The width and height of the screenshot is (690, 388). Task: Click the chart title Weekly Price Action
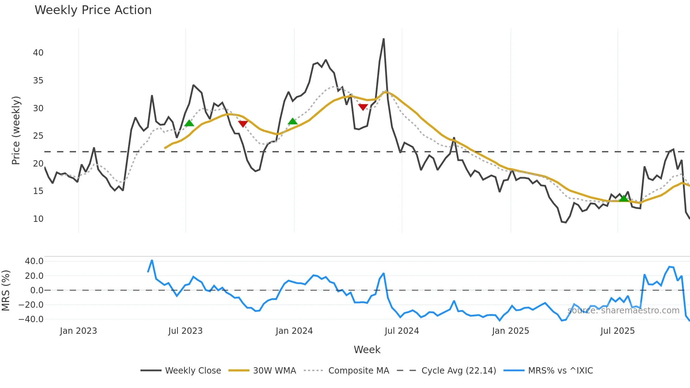coord(93,10)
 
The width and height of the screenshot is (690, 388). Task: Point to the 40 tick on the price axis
coord(38,53)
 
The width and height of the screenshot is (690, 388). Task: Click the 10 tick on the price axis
coord(38,219)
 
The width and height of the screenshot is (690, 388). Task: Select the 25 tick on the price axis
coord(38,136)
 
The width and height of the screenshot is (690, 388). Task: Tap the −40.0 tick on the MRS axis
coord(34,319)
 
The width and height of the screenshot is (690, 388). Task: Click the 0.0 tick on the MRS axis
coord(37,290)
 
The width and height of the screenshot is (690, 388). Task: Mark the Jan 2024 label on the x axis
coord(294,331)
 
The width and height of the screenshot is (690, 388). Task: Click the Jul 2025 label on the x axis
coord(617,331)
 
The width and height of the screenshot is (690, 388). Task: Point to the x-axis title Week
coord(367,350)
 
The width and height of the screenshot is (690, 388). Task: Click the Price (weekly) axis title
coord(16,130)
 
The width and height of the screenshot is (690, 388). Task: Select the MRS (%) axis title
coord(6,290)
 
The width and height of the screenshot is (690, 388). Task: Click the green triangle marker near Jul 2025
coord(623,199)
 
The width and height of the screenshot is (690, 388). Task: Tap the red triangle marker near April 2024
coord(363,107)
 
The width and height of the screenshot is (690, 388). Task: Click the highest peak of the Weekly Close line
coord(384,39)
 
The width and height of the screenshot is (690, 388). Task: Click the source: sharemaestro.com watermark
coord(623,311)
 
